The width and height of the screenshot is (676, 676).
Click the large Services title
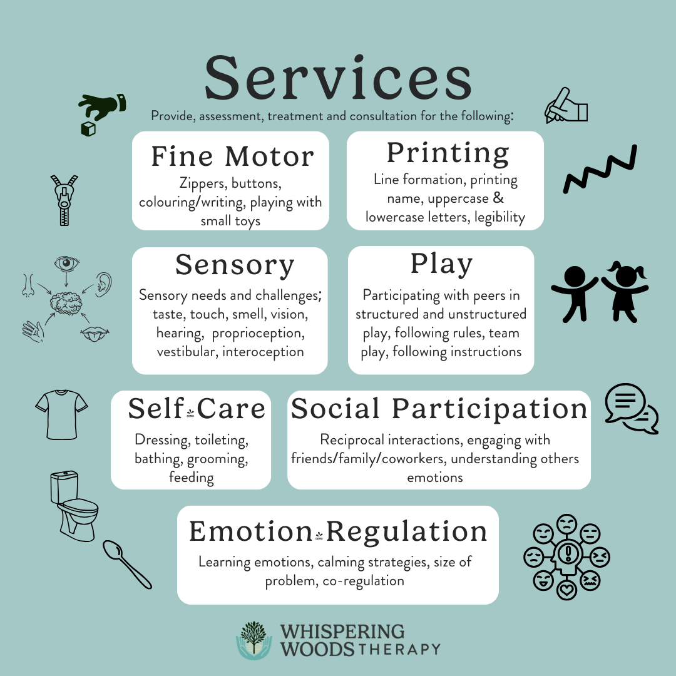pos(338,78)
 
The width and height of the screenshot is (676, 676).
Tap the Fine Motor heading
pos(232,156)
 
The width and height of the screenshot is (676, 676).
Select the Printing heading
pos(448,153)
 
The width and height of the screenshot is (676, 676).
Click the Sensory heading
pos(235,265)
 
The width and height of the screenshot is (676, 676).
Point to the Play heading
pos(441,264)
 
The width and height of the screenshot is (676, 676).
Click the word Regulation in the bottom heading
pos(407,531)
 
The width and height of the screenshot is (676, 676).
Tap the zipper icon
pos(64,200)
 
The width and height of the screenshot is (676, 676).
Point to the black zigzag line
pos(600,169)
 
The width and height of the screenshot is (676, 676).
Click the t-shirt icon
pos(60,413)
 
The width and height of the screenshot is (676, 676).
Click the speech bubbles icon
pos(631,408)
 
